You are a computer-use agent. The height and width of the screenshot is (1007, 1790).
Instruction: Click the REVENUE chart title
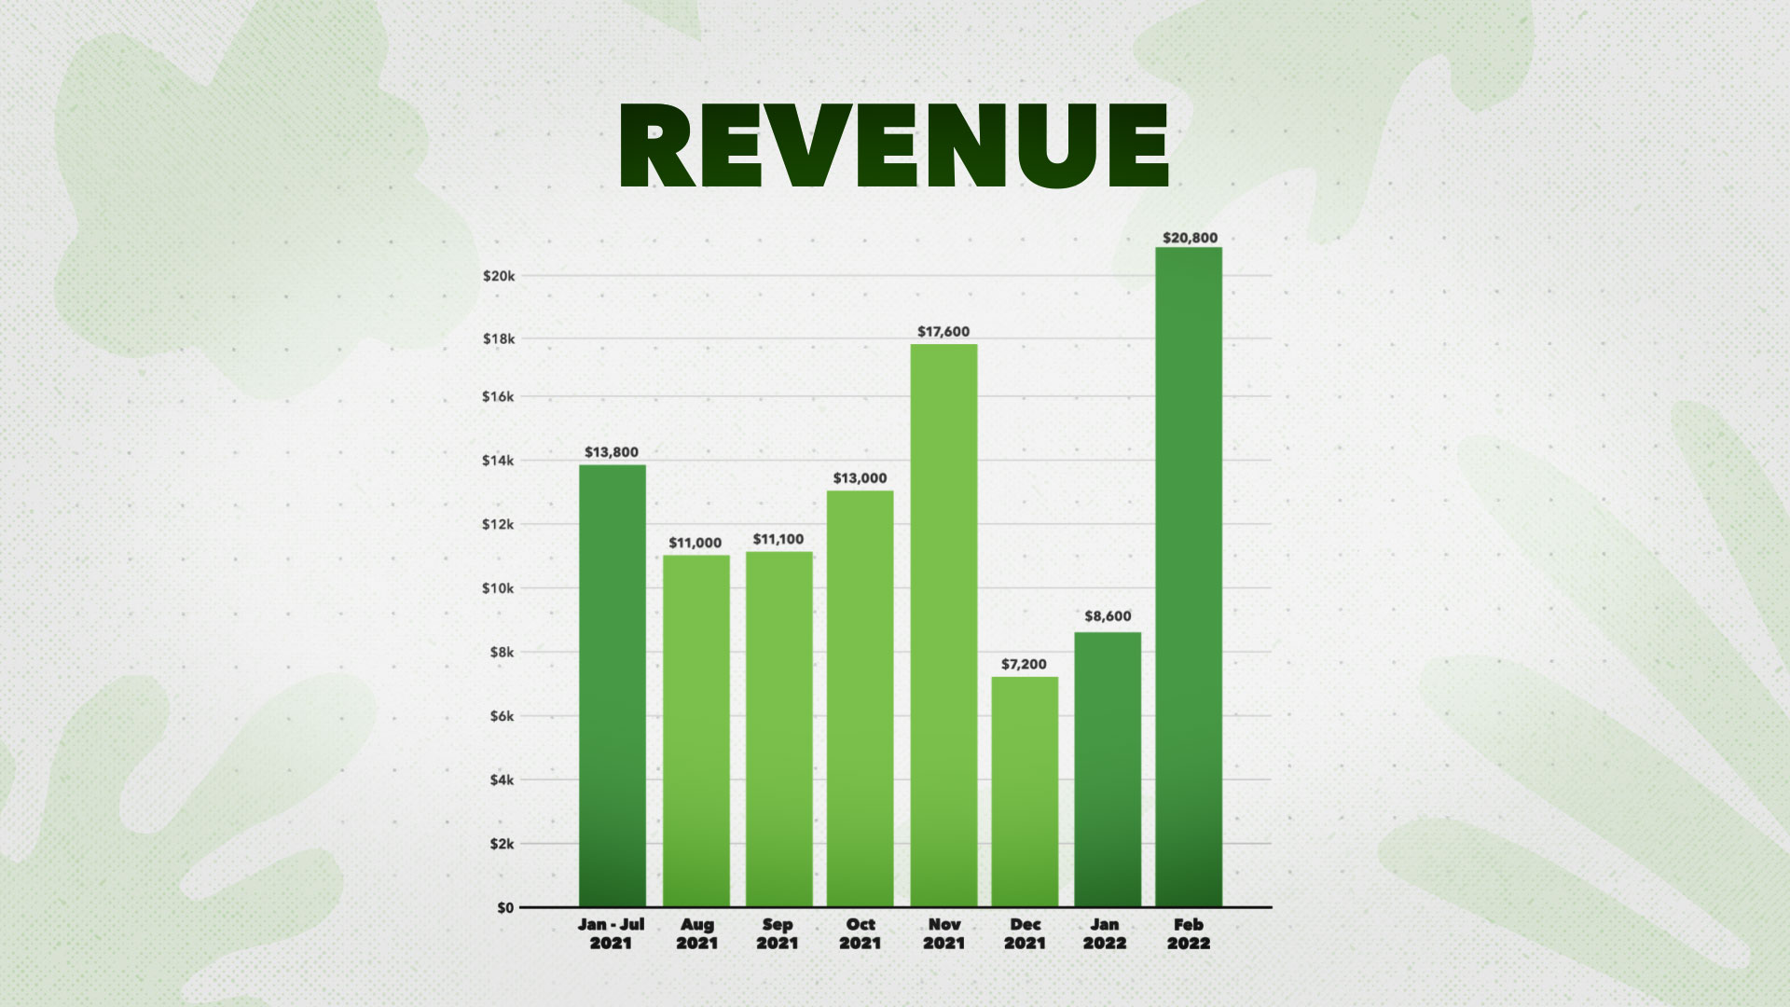(894, 145)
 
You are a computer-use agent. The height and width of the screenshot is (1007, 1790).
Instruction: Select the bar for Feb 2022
(1189, 577)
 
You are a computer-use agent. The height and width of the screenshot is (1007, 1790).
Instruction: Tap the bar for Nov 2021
(943, 626)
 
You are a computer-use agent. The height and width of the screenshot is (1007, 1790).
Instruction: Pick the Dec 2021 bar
(1025, 792)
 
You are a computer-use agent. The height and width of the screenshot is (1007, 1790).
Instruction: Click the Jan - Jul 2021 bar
(613, 685)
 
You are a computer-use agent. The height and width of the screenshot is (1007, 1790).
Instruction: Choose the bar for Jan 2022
(1108, 769)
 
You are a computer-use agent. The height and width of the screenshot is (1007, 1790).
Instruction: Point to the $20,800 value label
(1190, 238)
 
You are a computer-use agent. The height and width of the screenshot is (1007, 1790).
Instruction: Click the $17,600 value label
(943, 331)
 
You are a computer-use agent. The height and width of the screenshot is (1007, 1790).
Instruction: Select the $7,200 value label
(1024, 664)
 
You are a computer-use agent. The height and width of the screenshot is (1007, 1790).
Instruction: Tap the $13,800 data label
(612, 452)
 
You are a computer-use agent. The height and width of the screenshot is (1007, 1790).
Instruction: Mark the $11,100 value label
(778, 539)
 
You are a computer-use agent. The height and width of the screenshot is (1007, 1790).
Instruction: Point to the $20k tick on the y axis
(499, 276)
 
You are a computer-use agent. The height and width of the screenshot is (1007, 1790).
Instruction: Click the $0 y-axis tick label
(505, 907)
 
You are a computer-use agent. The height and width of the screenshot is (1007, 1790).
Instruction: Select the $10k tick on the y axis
(499, 587)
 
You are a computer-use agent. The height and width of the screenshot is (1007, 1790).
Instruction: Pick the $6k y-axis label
(503, 716)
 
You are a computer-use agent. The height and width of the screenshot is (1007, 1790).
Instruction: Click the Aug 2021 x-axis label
(697, 933)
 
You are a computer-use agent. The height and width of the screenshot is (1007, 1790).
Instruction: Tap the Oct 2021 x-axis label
(861, 933)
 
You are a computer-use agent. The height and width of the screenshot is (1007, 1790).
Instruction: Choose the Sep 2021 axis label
(778, 933)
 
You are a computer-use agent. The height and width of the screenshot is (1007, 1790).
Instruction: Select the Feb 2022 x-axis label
(1189, 933)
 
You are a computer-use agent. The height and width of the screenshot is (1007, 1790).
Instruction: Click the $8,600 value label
(1108, 616)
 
